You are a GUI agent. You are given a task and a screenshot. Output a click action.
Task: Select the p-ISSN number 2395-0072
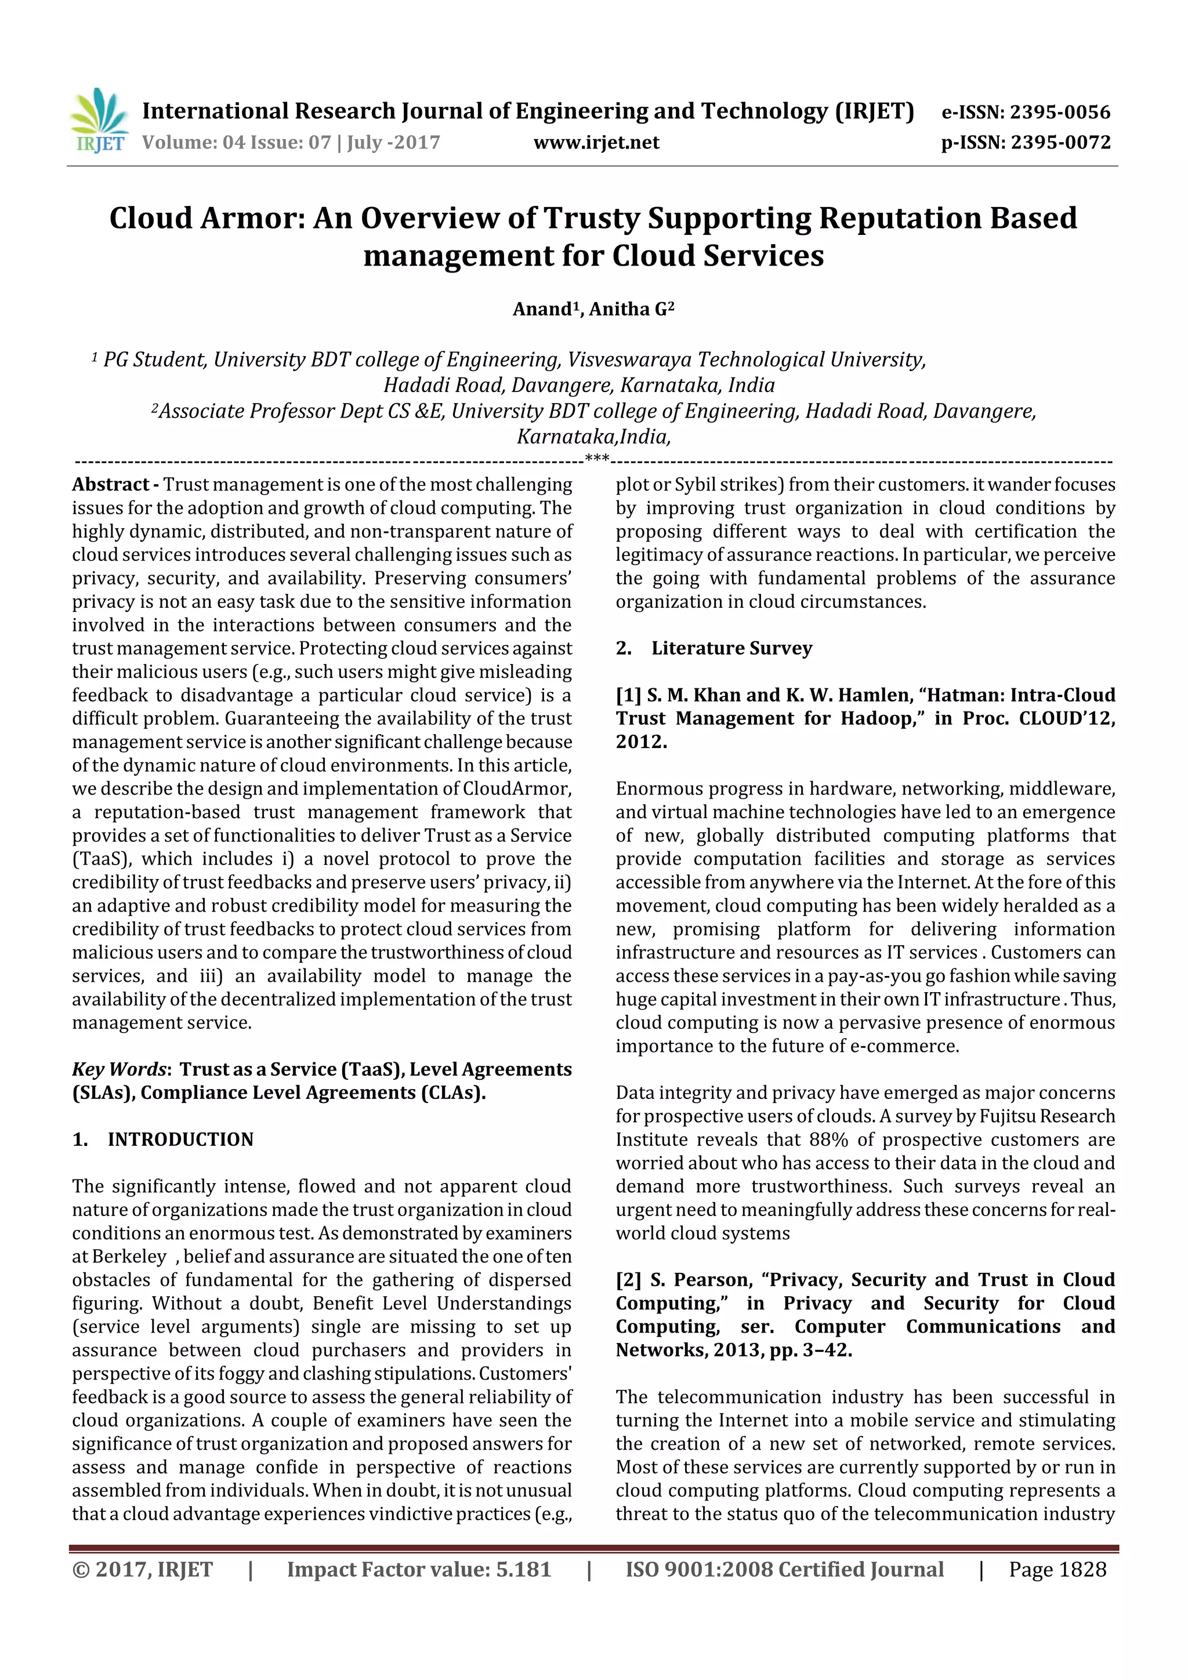pos(1060,142)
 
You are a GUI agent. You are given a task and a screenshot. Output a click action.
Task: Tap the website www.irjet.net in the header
pos(596,142)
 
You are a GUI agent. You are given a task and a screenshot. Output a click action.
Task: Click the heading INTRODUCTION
pos(180,1140)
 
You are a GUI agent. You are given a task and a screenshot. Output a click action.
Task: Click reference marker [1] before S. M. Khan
pos(628,695)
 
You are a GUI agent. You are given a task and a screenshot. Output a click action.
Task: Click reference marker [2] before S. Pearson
pos(629,1280)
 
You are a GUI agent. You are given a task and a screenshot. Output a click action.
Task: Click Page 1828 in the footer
pos(1057,1569)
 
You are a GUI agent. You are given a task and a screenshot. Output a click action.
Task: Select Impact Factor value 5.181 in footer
pos(419,1569)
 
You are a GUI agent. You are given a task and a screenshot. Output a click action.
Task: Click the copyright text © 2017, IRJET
pos(143,1569)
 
